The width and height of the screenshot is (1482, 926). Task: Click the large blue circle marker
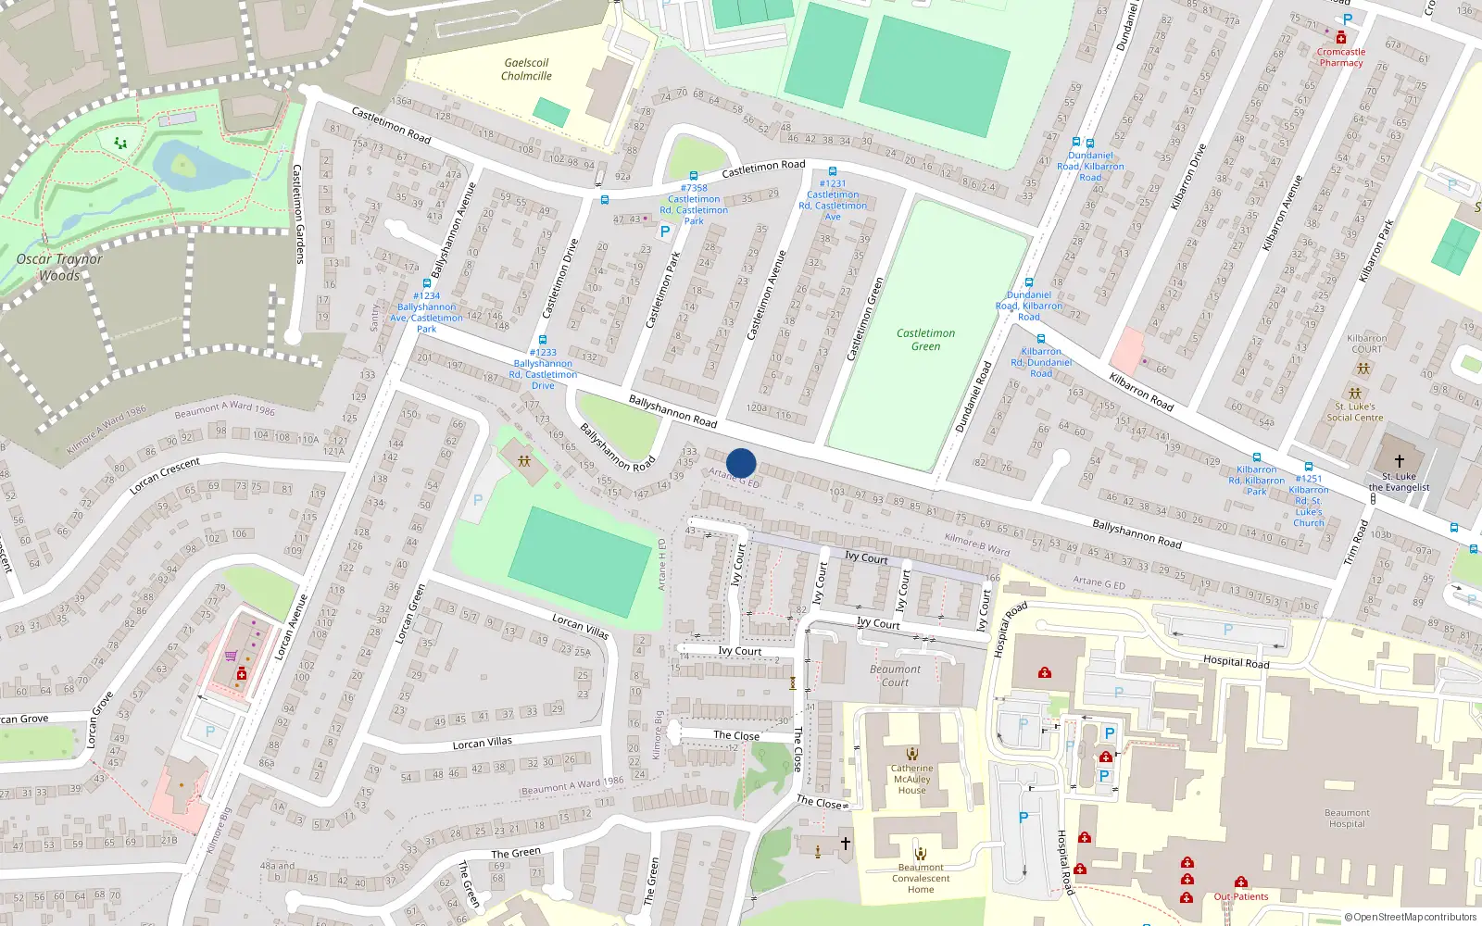(741, 463)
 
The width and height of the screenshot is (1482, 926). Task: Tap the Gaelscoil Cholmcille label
(526, 69)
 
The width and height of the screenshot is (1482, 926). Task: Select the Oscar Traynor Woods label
(59, 267)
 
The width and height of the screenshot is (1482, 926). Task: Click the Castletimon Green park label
(925, 340)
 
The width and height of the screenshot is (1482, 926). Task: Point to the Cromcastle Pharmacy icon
(1340, 38)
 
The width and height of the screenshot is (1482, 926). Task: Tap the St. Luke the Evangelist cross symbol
(1400, 460)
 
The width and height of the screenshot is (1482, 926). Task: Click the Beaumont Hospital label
(1347, 819)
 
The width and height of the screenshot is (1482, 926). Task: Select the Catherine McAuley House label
(911, 779)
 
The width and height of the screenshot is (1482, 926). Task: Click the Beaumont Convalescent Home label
(921, 879)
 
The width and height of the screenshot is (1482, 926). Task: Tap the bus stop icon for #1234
(427, 284)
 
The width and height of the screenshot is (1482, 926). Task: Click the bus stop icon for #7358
(694, 176)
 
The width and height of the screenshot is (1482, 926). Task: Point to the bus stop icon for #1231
(833, 171)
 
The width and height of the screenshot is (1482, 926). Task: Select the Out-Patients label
(1241, 896)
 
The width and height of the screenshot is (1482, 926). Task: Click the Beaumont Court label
(895, 676)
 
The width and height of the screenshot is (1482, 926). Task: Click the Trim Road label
(1358, 543)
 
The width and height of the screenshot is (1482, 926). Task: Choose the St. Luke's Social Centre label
(1354, 412)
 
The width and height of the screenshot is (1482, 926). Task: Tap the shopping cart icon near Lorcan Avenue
(231, 657)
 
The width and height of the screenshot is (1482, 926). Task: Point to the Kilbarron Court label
(1366, 344)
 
